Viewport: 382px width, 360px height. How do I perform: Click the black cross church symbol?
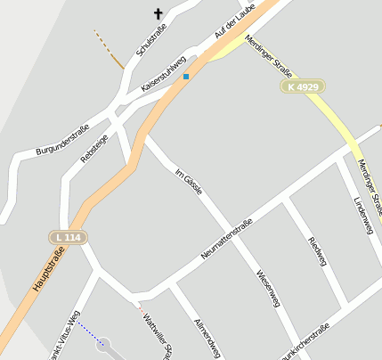159,13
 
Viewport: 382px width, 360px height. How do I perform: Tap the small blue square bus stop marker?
186,77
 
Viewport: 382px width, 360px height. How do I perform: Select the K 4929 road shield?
304,86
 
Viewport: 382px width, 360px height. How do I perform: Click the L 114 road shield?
67,237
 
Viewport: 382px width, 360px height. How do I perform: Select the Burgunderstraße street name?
62,142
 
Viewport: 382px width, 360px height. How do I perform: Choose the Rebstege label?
93,147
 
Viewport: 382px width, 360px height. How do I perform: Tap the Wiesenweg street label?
268,289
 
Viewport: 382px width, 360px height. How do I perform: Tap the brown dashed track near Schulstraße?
110,50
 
